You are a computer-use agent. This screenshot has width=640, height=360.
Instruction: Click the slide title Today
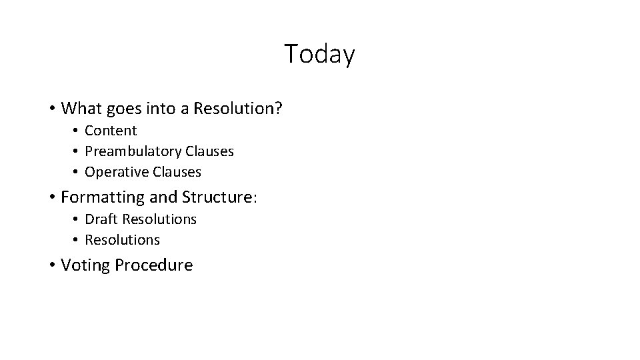tap(319, 54)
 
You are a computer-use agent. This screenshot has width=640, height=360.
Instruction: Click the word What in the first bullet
tap(80, 107)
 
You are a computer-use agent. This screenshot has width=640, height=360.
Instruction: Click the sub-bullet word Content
tap(111, 131)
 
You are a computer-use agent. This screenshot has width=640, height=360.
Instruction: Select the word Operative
tap(117, 172)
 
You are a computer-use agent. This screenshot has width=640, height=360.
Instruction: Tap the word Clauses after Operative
tap(177, 172)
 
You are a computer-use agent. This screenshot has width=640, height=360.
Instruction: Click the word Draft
tap(101, 219)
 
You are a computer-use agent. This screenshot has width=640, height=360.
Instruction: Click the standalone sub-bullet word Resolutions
tap(123, 239)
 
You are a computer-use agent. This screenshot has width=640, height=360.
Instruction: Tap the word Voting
tap(85, 265)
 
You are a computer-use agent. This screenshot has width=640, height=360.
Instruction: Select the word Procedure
tap(153, 265)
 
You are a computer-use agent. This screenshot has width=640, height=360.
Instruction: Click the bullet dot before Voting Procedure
tap(51, 265)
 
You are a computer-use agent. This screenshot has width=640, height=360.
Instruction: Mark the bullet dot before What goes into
tap(51, 108)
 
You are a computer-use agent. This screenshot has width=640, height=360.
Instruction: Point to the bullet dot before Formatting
tap(51, 197)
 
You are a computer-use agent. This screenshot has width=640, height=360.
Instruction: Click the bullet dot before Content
tap(77, 131)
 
